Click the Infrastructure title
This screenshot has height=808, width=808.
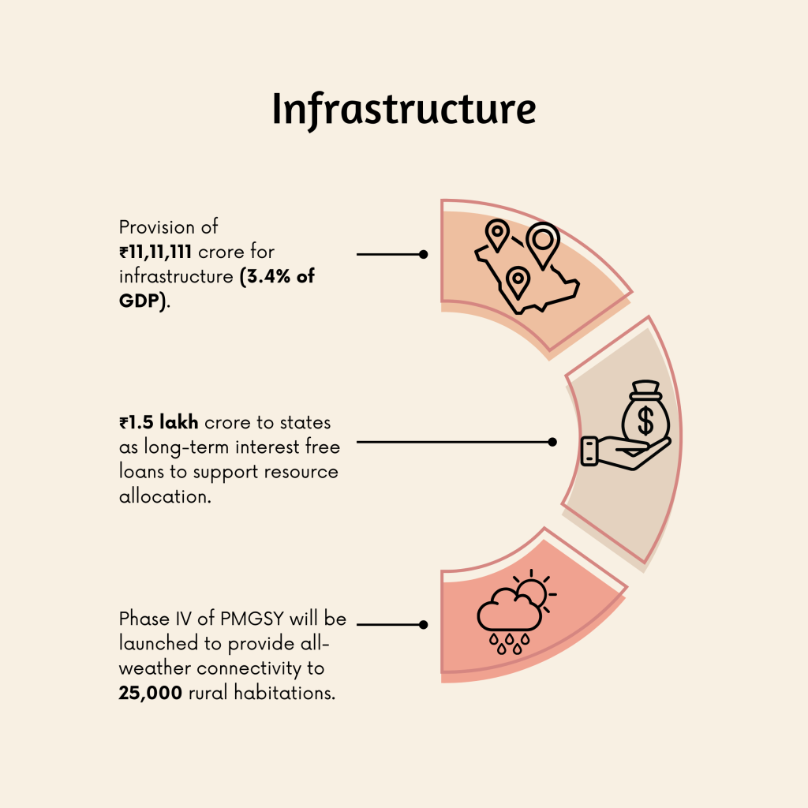(x=403, y=110)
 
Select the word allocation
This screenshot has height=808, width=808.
(x=165, y=497)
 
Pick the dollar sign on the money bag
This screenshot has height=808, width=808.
(x=645, y=421)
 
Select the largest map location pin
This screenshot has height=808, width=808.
(x=543, y=244)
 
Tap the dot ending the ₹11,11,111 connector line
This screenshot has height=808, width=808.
(x=424, y=254)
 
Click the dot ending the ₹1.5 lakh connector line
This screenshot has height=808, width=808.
(x=552, y=442)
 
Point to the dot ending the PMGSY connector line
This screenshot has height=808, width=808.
(x=424, y=624)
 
